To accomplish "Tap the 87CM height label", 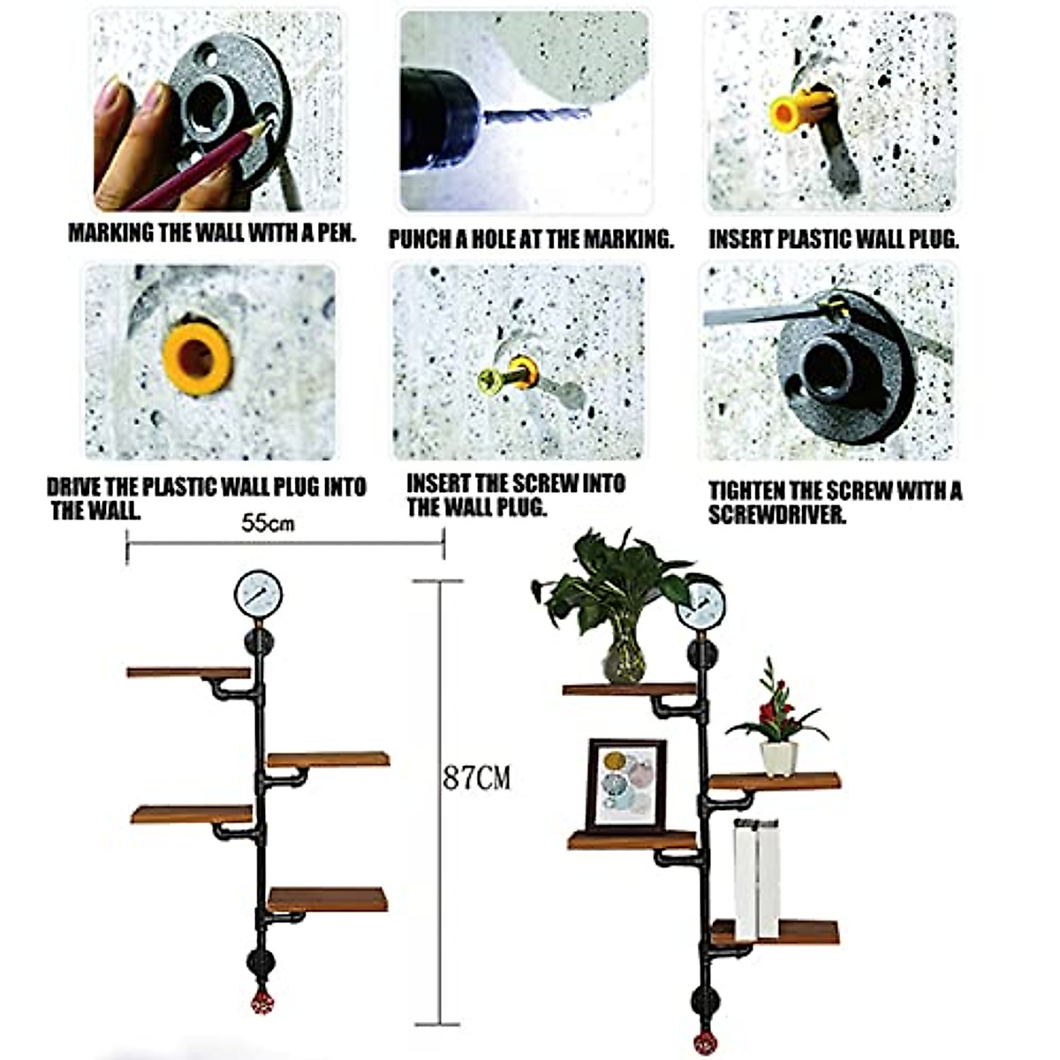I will click(476, 778).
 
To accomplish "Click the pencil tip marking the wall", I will click(268, 125).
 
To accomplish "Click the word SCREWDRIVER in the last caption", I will click(777, 515).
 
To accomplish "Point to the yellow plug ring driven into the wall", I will click(197, 358).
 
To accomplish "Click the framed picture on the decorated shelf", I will click(625, 784).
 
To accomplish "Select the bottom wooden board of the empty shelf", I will click(328, 899).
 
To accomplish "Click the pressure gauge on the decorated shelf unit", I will click(700, 603).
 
